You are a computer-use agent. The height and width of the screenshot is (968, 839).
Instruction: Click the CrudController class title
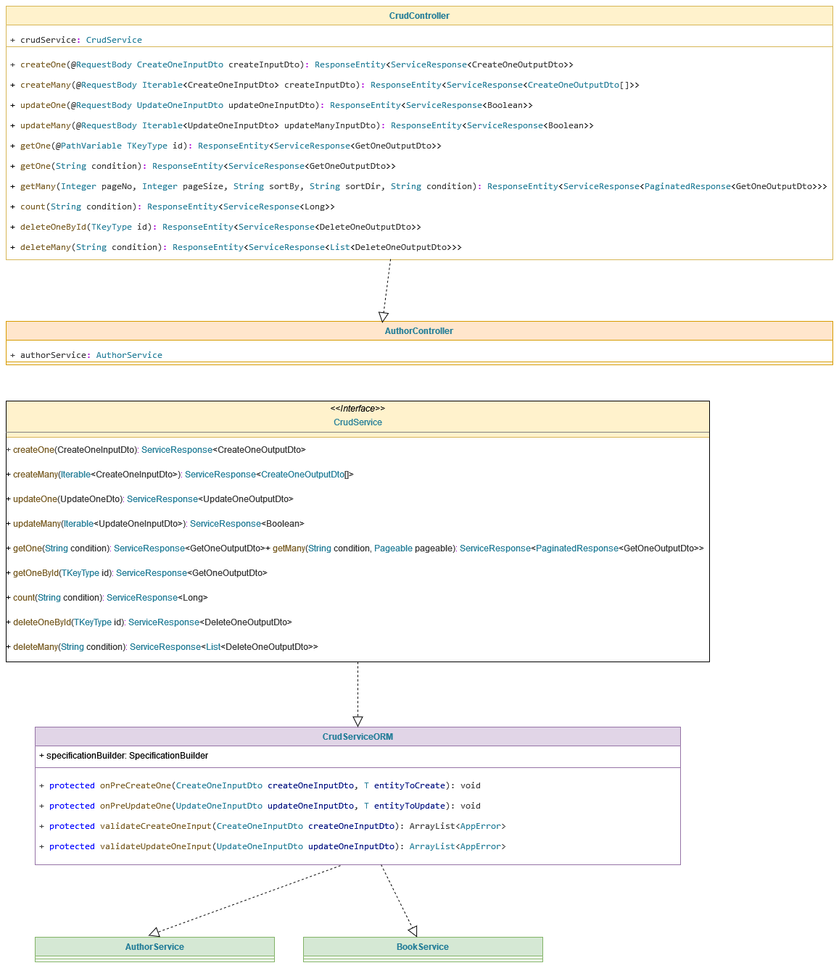pyautogui.click(x=419, y=16)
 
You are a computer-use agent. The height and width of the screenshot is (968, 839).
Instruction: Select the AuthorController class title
pyautogui.click(x=418, y=331)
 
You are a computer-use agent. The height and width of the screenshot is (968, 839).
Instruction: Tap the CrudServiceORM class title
pyautogui.click(x=357, y=737)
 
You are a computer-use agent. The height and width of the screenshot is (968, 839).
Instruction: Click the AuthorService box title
pyautogui.click(x=154, y=947)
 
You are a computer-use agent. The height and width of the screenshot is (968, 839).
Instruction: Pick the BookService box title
pyautogui.click(x=423, y=947)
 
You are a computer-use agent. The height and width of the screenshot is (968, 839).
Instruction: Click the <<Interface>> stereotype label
pyautogui.click(x=357, y=409)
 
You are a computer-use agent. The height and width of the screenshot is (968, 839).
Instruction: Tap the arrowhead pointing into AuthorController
pyautogui.click(x=384, y=317)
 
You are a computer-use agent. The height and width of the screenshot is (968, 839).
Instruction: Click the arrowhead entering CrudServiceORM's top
pyautogui.click(x=357, y=722)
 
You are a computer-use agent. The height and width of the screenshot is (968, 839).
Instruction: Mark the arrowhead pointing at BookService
pyautogui.click(x=413, y=931)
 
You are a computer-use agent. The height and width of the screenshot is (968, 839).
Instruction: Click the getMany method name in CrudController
pyautogui.click(x=38, y=186)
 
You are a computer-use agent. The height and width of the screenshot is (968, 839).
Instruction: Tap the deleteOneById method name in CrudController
pyautogui.click(x=53, y=227)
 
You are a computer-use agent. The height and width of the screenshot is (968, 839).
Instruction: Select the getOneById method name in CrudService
pyautogui.click(x=36, y=573)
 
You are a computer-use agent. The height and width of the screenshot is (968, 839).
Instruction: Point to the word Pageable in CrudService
pyautogui.click(x=393, y=548)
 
